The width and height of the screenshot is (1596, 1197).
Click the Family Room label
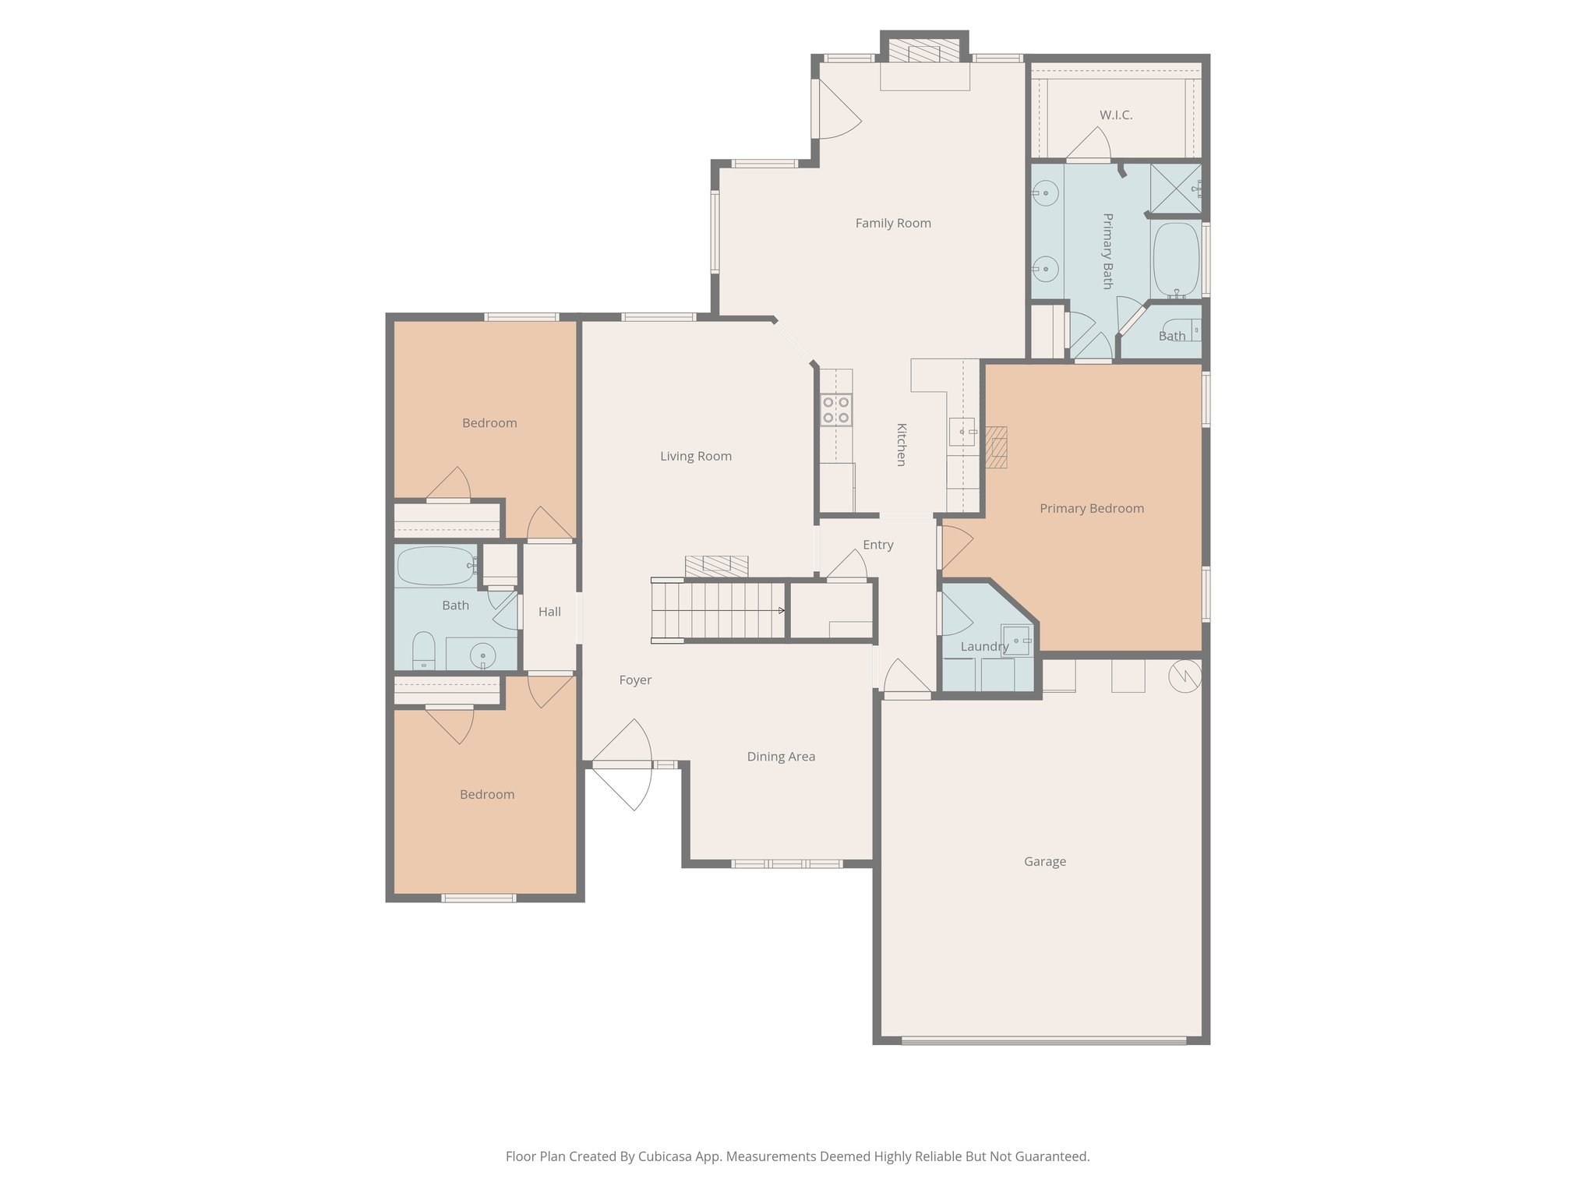pos(893,223)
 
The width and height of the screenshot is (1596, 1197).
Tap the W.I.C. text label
pos(1116,115)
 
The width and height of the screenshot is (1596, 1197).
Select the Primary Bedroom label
pos(1092,508)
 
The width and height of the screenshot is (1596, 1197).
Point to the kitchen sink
pos(962,431)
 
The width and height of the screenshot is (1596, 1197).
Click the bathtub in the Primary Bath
pos(1175,260)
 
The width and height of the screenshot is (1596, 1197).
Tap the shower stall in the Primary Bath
pos(1175,188)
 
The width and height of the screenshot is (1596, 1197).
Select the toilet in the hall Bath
pos(423,650)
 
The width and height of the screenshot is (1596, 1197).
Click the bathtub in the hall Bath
pos(436,566)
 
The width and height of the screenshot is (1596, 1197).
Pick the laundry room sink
pos(1016,640)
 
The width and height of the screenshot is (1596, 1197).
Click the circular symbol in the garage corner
pos(1185,676)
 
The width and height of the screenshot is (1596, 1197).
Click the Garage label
pos(1044,861)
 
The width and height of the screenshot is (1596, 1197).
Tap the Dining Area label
pos(781,756)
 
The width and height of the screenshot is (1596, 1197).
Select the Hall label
pos(549,612)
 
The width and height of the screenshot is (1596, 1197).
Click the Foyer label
pos(635,680)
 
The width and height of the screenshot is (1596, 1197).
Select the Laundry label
pos(984,646)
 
